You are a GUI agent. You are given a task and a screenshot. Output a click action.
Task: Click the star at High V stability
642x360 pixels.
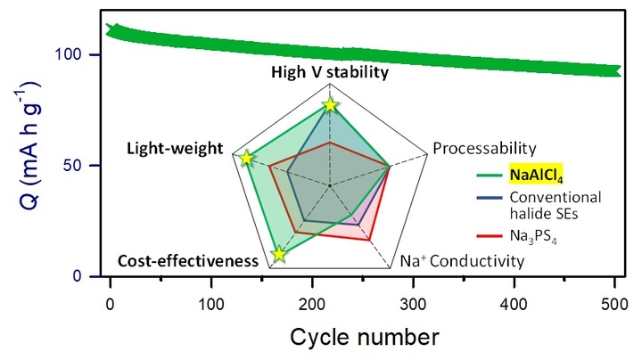[330, 105]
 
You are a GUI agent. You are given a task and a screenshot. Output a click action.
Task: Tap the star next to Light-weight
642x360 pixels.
[248, 159]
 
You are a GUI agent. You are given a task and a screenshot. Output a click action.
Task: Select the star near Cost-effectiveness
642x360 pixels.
[279, 254]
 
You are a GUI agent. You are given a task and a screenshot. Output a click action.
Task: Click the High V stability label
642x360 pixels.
[330, 73]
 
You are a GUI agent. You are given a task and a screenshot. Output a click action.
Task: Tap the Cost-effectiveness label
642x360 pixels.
[187, 261]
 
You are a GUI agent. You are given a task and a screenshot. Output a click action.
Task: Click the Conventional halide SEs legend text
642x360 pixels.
[554, 205]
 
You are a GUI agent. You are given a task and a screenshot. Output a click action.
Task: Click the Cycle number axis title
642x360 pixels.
[363, 336]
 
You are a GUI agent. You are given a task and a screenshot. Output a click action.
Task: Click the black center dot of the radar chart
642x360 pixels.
[330, 185]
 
